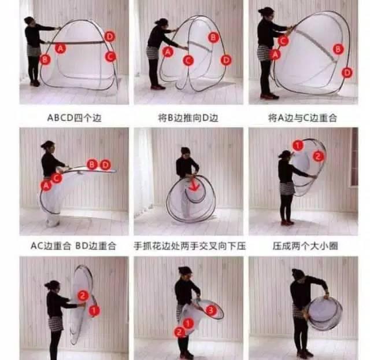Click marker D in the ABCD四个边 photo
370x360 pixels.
[109, 36]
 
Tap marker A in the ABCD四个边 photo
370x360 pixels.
[60, 48]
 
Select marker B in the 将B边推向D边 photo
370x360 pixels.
[213, 37]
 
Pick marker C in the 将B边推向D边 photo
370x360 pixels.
[188, 60]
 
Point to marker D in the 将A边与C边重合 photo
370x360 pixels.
[347, 72]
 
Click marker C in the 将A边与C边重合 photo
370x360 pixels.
[283, 41]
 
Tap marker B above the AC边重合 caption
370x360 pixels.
[92, 164]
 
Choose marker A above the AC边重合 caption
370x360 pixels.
[46, 185]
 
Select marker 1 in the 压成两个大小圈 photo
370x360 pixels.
[298, 145]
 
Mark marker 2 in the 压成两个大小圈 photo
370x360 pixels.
[318, 156]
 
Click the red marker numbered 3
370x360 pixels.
[211, 310]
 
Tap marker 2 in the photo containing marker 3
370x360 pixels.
[179, 332]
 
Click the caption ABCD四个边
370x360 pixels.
[74, 117]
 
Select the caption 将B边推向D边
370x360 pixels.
[188, 117]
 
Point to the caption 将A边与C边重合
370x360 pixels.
[302, 117]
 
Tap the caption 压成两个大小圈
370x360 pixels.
[305, 246]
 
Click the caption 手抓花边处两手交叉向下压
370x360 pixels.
[190, 246]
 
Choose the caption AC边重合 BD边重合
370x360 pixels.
[73, 246]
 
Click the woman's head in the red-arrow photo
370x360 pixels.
[186, 152]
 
